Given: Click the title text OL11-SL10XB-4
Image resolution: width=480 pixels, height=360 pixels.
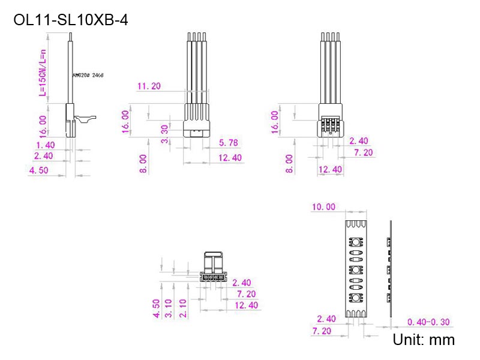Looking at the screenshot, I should (x=71, y=20).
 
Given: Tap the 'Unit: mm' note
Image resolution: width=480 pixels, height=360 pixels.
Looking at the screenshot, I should (x=423, y=340).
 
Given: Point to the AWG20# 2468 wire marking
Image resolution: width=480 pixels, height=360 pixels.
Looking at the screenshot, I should (x=88, y=76).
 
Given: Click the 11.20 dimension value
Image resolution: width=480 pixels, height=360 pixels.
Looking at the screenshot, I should (x=149, y=86).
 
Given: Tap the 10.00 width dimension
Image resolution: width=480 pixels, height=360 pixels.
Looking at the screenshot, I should (x=323, y=207).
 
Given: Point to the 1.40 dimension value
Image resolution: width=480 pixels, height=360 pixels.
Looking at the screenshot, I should (x=45, y=145).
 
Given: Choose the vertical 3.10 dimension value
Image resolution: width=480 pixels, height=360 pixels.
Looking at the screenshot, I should (x=170, y=308).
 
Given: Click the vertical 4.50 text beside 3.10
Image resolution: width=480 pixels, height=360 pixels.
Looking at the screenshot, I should (x=156, y=308).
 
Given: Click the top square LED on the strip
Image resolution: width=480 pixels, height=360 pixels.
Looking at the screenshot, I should (x=355, y=242).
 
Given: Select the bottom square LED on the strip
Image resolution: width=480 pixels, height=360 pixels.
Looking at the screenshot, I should (x=355, y=298).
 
